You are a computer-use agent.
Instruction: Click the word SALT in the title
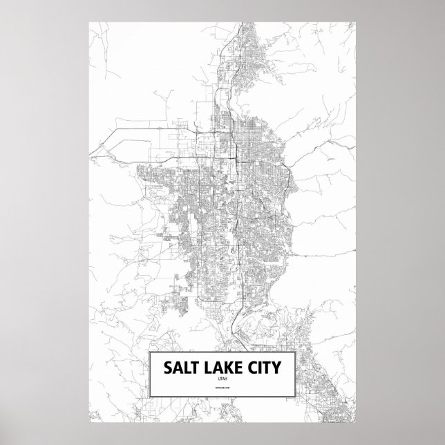180,366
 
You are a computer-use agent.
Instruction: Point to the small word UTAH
223,379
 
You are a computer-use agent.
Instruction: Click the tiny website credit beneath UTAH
223,390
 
